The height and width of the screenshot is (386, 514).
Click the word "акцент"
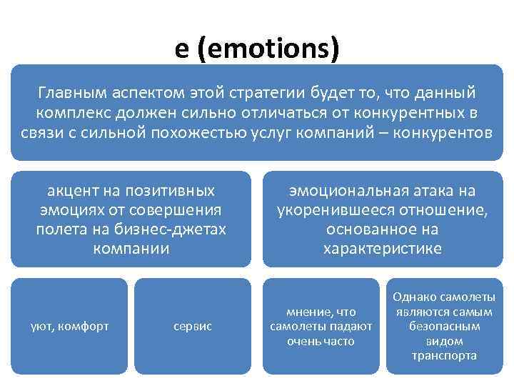tap(74, 191)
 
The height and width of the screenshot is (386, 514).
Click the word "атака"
tap(436, 191)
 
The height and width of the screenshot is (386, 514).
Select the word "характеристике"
tap(383, 249)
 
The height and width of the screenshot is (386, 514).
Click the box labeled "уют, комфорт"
tap(69, 326)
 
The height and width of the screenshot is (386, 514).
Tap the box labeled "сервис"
tap(193, 326)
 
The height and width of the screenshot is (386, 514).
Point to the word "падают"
tap(351, 326)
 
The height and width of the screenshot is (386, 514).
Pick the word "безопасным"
tap(444, 326)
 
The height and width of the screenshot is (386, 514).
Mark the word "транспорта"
tap(444, 355)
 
